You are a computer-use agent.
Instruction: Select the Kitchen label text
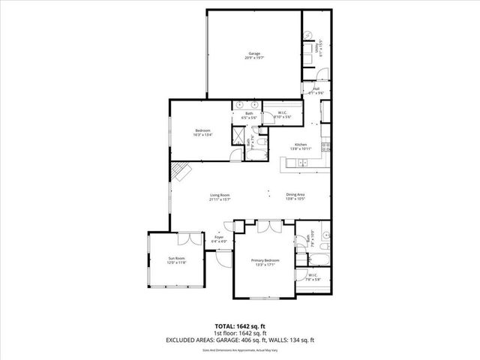tap(301, 147)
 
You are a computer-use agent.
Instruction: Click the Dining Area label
tap(295, 196)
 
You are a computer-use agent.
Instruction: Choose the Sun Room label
tap(176, 260)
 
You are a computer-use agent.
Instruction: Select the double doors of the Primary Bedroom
tap(266, 226)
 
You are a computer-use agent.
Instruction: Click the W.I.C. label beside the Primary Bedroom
tap(313, 277)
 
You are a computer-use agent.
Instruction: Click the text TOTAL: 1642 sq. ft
tap(239, 326)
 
